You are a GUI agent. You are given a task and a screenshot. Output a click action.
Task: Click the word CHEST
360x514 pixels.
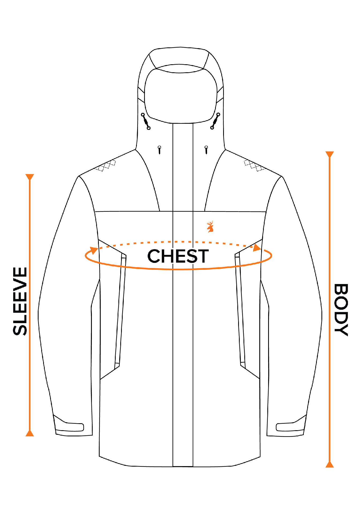point(178,256)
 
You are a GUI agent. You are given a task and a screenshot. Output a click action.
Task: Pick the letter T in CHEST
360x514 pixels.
point(202,256)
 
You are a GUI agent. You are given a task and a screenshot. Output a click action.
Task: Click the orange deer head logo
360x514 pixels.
point(210,227)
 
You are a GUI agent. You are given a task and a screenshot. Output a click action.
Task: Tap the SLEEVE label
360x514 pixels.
point(20,301)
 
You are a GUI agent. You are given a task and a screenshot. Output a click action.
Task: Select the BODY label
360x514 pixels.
point(341,310)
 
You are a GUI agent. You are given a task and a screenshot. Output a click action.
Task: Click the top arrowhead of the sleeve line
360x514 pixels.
point(29,177)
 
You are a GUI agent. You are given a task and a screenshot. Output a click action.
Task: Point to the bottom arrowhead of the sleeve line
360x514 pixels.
point(29,433)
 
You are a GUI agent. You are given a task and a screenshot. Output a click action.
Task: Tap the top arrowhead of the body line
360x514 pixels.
point(329,154)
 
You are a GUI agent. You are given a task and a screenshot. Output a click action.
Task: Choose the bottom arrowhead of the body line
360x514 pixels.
point(329,465)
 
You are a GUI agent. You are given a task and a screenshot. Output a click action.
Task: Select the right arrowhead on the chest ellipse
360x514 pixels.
point(257,248)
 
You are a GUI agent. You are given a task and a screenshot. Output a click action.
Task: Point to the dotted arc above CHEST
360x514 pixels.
point(174,242)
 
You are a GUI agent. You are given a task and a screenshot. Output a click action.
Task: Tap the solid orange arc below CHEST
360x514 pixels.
point(178,269)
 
